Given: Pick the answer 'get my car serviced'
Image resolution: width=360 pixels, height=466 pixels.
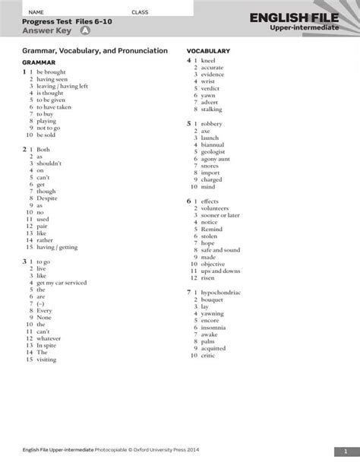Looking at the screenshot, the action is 62,282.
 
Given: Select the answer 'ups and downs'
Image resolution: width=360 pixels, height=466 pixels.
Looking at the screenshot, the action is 220,271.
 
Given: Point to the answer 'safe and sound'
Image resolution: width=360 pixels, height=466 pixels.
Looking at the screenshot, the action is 220,249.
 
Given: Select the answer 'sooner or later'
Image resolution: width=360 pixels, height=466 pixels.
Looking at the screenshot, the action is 221,215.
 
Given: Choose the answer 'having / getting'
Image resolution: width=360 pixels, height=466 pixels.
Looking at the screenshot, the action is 56,247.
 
